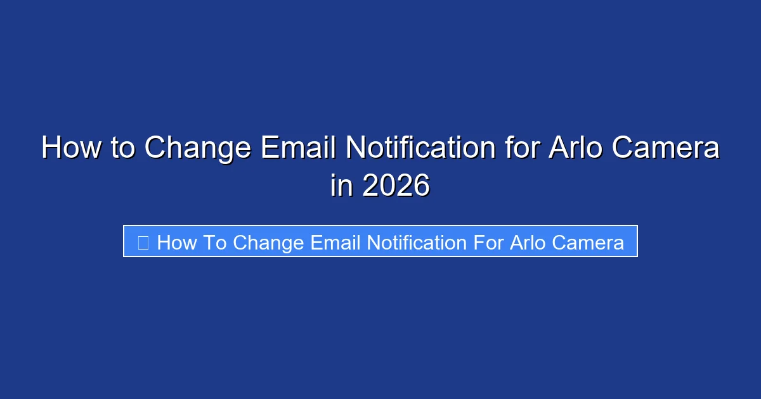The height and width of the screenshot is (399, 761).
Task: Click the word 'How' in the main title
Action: tap(70, 148)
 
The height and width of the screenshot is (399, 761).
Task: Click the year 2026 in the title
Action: tap(396, 186)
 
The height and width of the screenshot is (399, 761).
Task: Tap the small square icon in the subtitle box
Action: tap(143, 242)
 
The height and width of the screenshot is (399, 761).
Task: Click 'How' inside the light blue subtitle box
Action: tap(177, 242)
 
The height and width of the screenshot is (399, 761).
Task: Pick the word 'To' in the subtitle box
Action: tap(216, 242)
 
